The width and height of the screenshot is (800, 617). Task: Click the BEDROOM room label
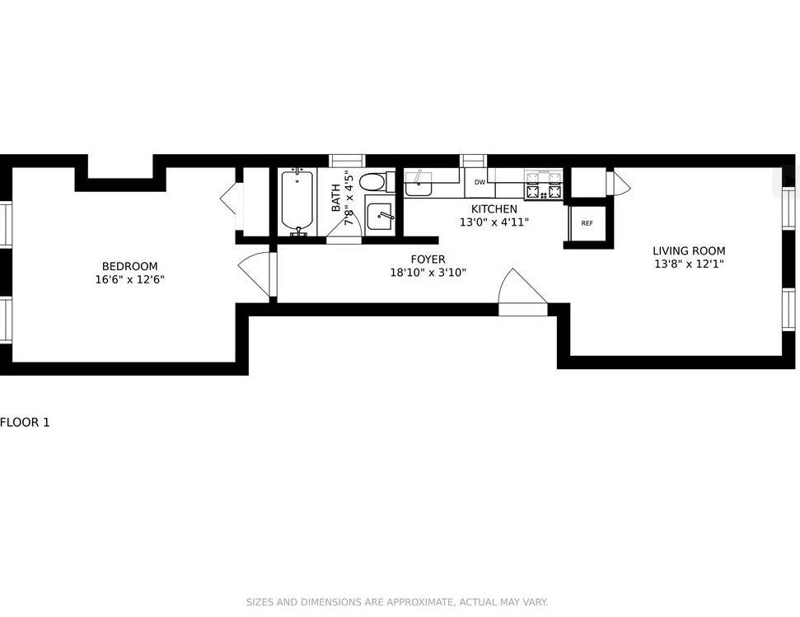coord(129,266)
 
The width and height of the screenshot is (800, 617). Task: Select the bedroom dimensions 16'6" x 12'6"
coord(129,280)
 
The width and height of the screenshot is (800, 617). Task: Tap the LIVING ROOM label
coord(689,251)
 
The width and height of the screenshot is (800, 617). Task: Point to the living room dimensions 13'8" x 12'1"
coord(689,264)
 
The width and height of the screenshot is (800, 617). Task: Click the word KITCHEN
coord(494,209)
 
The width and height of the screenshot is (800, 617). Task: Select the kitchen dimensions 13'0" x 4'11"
coord(494,222)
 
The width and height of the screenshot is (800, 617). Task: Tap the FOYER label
coord(428,259)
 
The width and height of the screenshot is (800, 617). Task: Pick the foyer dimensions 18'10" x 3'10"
coord(428,273)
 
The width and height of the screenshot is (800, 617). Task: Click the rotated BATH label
coord(336,199)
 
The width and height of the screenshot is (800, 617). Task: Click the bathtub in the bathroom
coord(296,201)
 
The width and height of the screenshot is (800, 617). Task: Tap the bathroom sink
coord(380,217)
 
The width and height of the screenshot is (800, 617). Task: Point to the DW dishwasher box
coord(480,182)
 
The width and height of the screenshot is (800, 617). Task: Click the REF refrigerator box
coord(587,223)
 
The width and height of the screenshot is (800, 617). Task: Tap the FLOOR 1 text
coord(25,423)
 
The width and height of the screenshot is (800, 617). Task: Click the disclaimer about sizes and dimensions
coord(396,602)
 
